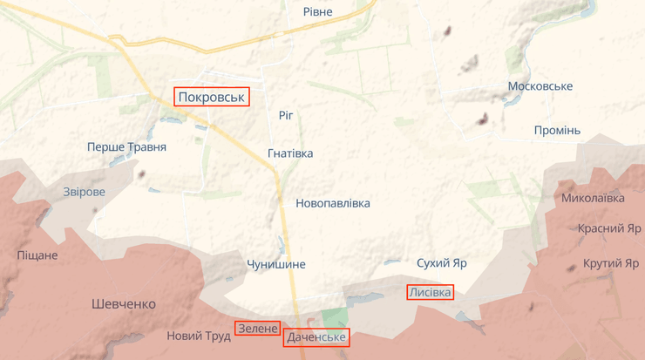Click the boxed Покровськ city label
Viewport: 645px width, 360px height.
coord(212,97)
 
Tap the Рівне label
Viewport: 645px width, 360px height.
coord(317,11)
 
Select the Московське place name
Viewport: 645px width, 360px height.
coord(540,86)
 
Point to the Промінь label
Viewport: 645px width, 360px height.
coord(557,131)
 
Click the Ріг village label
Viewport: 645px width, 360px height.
coord(287,115)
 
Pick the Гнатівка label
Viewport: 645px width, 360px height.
coord(290,153)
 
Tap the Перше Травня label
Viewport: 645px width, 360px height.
coord(126,147)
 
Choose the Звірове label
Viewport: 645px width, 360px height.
coord(84,192)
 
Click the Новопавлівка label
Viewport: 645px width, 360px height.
coord(333,203)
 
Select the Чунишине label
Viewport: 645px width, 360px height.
coord(276,264)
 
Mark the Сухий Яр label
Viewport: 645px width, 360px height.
coord(442,262)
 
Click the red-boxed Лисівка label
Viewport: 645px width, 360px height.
coord(430,293)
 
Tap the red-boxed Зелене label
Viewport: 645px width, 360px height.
coord(257,329)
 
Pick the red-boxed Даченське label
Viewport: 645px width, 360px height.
coord(316,337)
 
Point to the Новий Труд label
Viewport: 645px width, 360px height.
coord(199,336)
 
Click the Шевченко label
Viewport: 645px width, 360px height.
coord(124,304)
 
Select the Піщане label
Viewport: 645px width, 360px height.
coord(37,255)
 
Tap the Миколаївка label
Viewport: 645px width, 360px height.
coord(593,198)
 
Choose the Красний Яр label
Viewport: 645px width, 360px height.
coord(609,228)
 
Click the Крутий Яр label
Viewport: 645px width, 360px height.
coord(611,263)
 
